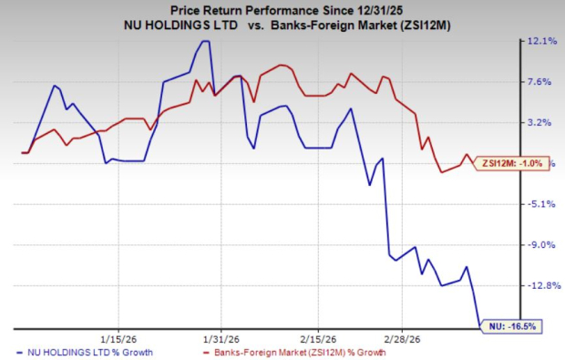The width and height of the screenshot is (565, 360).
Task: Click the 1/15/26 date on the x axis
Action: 119,334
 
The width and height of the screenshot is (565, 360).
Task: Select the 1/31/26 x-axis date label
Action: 220,334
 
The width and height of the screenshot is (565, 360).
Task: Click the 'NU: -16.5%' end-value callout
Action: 510,324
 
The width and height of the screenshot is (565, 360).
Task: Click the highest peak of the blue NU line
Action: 204,42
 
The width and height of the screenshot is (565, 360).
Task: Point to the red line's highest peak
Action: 281,66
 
